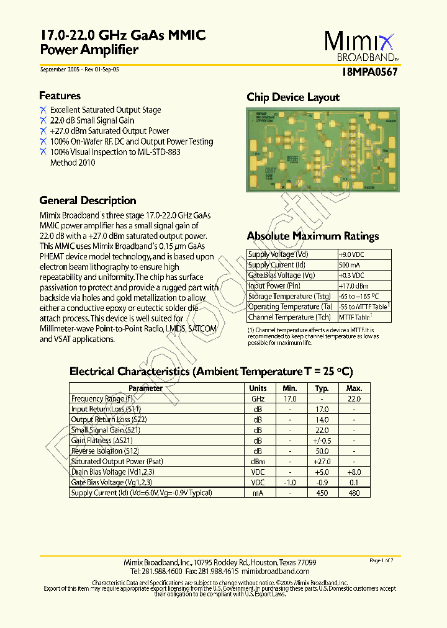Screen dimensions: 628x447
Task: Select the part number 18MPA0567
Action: click(x=369, y=71)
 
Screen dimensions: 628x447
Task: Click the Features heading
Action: click(x=60, y=96)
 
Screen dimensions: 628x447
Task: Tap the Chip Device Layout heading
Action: click(x=293, y=97)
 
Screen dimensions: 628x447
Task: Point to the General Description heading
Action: click(x=88, y=200)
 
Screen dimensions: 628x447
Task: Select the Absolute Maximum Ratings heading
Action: click(x=312, y=236)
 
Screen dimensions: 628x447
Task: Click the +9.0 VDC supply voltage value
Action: click(x=352, y=254)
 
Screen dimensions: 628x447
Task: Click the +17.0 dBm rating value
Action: click(x=353, y=286)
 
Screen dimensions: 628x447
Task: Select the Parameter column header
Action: click(x=145, y=388)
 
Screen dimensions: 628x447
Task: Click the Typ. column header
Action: click(x=322, y=388)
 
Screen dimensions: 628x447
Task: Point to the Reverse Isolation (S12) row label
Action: click(x=105, y=451)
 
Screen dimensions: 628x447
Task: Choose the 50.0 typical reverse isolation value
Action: click(x=322, y=451)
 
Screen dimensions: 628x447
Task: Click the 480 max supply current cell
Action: click(x=353, y=493)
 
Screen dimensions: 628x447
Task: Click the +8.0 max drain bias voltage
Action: click(x=353, y=472)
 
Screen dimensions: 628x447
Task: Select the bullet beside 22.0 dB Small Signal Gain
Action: click(x=43, y=120)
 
